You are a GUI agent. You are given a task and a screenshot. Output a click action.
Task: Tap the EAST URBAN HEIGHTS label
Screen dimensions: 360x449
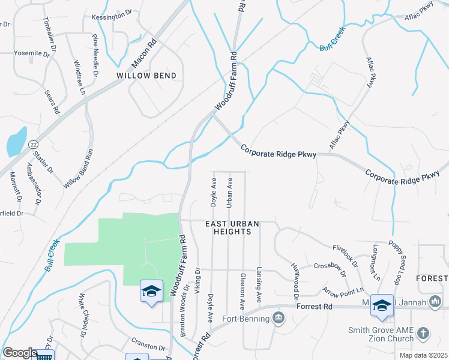232,227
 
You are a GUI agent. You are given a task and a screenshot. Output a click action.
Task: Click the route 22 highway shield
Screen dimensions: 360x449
33,144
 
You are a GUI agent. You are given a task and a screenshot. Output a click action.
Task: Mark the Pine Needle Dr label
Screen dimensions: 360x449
95,56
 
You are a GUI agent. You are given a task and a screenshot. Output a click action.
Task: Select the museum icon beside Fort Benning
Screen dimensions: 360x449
278,317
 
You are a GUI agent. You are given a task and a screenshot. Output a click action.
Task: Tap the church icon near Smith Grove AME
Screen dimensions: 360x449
423,332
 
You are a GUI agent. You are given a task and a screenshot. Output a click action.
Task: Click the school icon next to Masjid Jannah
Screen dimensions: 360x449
382,305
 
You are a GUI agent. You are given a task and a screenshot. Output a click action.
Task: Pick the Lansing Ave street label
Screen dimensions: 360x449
259,284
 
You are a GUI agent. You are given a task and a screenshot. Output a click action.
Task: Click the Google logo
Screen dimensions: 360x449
20,353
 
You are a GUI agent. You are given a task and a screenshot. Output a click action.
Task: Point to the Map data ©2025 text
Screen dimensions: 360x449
423,355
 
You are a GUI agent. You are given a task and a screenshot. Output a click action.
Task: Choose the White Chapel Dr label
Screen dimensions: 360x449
83,314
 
